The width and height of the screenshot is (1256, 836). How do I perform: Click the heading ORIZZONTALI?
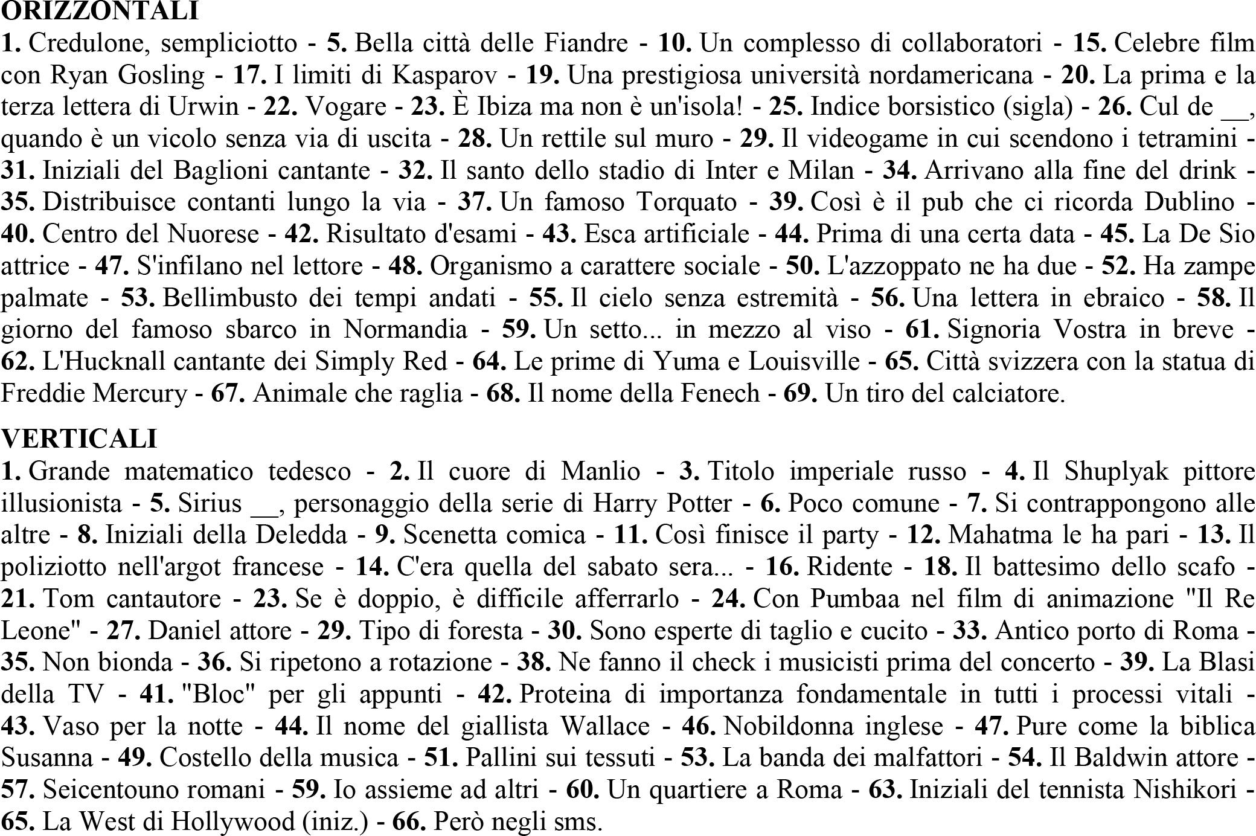(100, 11)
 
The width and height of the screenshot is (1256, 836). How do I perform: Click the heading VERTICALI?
(79, 439)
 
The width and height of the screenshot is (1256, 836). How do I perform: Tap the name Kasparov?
(444, 75)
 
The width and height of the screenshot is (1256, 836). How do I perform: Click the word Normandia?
(405, 330)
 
